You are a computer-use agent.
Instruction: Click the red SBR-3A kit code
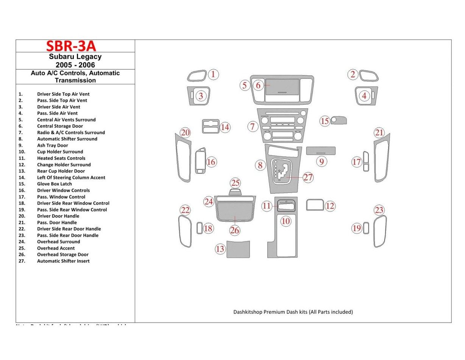coord(71,46)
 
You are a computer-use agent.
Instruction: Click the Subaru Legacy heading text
coord(75,57)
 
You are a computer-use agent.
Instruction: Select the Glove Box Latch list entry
coord(54,184)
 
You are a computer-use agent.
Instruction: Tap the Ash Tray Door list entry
coord(52,145)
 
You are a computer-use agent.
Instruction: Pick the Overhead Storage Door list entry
coord(62,255)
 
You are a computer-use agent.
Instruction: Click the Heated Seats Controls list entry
coord(61,158)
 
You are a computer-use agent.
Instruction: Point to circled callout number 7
coord(253,126)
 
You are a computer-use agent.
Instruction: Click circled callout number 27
coord(308,177)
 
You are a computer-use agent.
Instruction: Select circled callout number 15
coord(325,121)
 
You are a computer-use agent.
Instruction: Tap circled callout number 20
coord(185,133)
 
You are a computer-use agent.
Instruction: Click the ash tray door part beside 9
coord(320,151)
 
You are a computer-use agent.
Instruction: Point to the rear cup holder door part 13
coord(238,249)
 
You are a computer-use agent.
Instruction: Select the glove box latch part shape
coord(339,121)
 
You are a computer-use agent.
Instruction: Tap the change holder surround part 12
coord(315,205)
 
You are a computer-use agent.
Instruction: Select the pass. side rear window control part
coord(366,228)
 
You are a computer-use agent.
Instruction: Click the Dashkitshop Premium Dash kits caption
coord(293,312)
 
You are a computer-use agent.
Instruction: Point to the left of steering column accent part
coord(211,127)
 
